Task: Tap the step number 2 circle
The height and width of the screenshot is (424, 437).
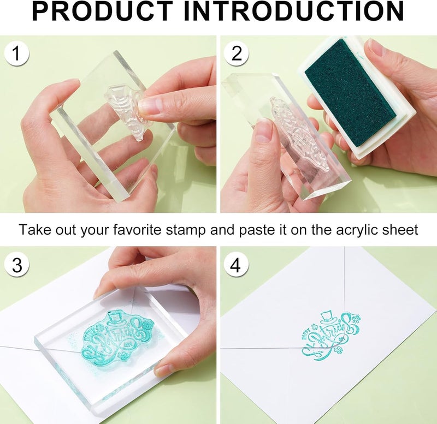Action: pyautogui.click(x=236, y=54)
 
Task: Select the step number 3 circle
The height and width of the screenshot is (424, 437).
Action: pyautogui.click(x=17, y=265)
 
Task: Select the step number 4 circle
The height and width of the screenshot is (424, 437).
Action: pyautogui.click(x=235, y=265)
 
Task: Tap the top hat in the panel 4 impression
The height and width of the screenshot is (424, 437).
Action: pyautogui.click(x=328, y=315)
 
